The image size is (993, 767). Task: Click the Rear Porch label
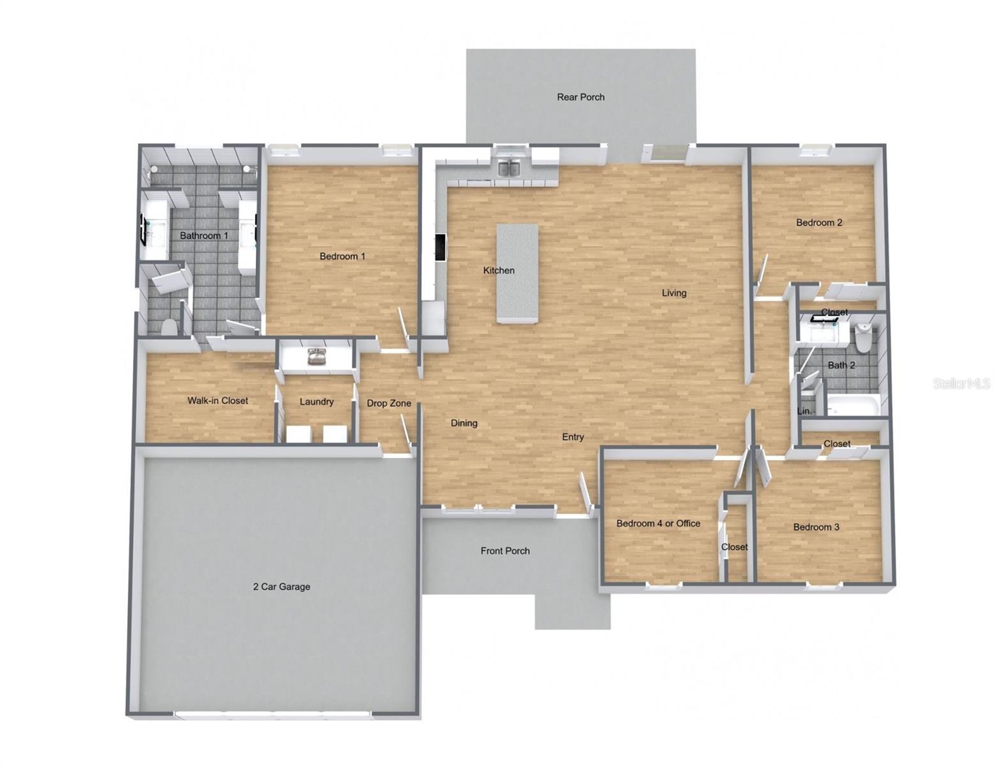pyautogui.click(x=581, y=97)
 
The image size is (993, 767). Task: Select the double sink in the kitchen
pyautogui.click(x=510, y=168)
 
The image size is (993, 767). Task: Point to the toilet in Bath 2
pyautogui.click(x=863, y=337)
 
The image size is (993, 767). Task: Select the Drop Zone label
pyautogui.click(x=389, y=403)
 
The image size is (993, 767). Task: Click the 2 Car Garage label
pyautogui.click(x=281, y=586)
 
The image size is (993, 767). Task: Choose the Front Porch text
pyautogui.click(x=505, y=550)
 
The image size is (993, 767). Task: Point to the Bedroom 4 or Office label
pyautogui.click(x=658, y=523)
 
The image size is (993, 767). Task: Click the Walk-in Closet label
pyautogui.click(x=217, y=401)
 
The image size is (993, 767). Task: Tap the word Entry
pyautogui.click(x=573, y=437)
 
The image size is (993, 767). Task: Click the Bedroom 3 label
pyautogui.click(x=816, y=527)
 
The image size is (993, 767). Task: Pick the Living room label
pyautogui.click(x=674, y=293)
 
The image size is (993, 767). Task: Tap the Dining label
pyautogui.click(x=464, y=423)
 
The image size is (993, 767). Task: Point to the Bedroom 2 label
pyautogui.click(x=818, y=222)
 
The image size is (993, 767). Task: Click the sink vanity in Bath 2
pyautogui.click(x=822, y=331)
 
